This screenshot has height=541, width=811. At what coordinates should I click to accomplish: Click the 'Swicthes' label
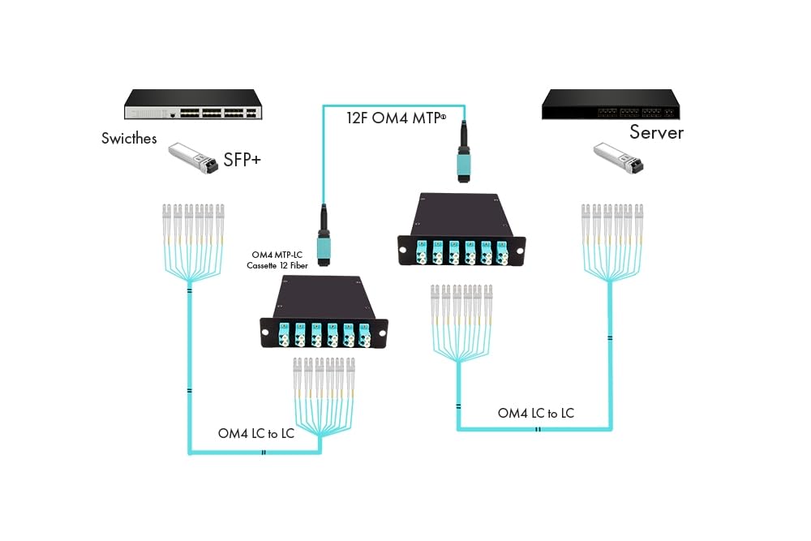tap(129, 138)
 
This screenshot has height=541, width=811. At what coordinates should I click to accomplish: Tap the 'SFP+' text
tap(242, 161)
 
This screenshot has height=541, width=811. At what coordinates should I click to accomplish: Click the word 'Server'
tap(656, 132)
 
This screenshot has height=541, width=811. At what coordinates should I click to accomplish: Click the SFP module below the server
tap(617, 158)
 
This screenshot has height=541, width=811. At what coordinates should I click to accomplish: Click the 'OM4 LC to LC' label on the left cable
tap(255, 433)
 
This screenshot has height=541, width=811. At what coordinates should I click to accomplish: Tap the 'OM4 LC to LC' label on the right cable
tap(535, 413)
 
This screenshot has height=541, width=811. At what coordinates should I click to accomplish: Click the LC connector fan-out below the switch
tap(191, 239)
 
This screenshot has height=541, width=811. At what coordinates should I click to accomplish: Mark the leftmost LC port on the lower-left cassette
tap(284, 334)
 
